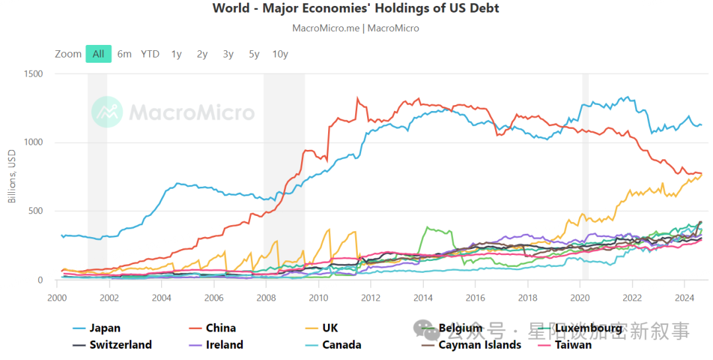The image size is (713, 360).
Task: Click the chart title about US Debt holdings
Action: pos(356,8)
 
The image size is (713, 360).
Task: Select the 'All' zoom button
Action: pos(98,54)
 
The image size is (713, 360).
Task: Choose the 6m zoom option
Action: pos(124,54)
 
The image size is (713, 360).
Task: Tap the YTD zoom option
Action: pos(150,54)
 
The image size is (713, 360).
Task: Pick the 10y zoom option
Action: pos(280,54)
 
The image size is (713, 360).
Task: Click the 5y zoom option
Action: pos(254,54)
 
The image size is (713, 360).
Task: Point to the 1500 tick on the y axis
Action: pos(34,74)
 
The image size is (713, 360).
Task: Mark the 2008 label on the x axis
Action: pos(266,297)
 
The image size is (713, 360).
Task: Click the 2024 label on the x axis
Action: pos(684,297)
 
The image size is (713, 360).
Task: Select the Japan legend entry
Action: pos(105,328)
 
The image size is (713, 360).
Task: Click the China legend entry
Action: pos(221,328)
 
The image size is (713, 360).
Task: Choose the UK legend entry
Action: pos(330,328)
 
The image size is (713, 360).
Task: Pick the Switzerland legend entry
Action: pos(120,345)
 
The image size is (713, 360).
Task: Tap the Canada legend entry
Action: pos(341,345)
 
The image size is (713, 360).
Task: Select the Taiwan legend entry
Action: pos(574,345)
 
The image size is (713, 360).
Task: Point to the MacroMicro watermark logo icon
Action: pos(107,112)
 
